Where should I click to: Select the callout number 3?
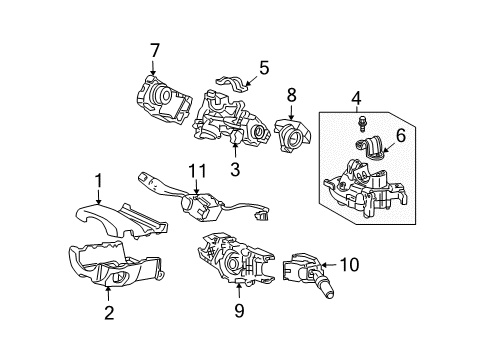click(x=236, y=171)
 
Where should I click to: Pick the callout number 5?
click(x=264, y=69)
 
